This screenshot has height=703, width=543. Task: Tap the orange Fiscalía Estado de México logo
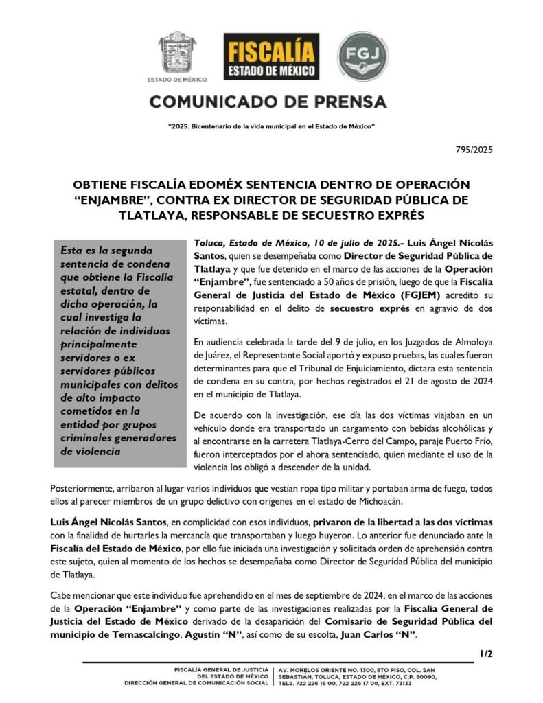(271, 56)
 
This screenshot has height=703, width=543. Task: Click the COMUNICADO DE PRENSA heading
(268, 102)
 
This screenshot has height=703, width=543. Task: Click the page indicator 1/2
(485, 654)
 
